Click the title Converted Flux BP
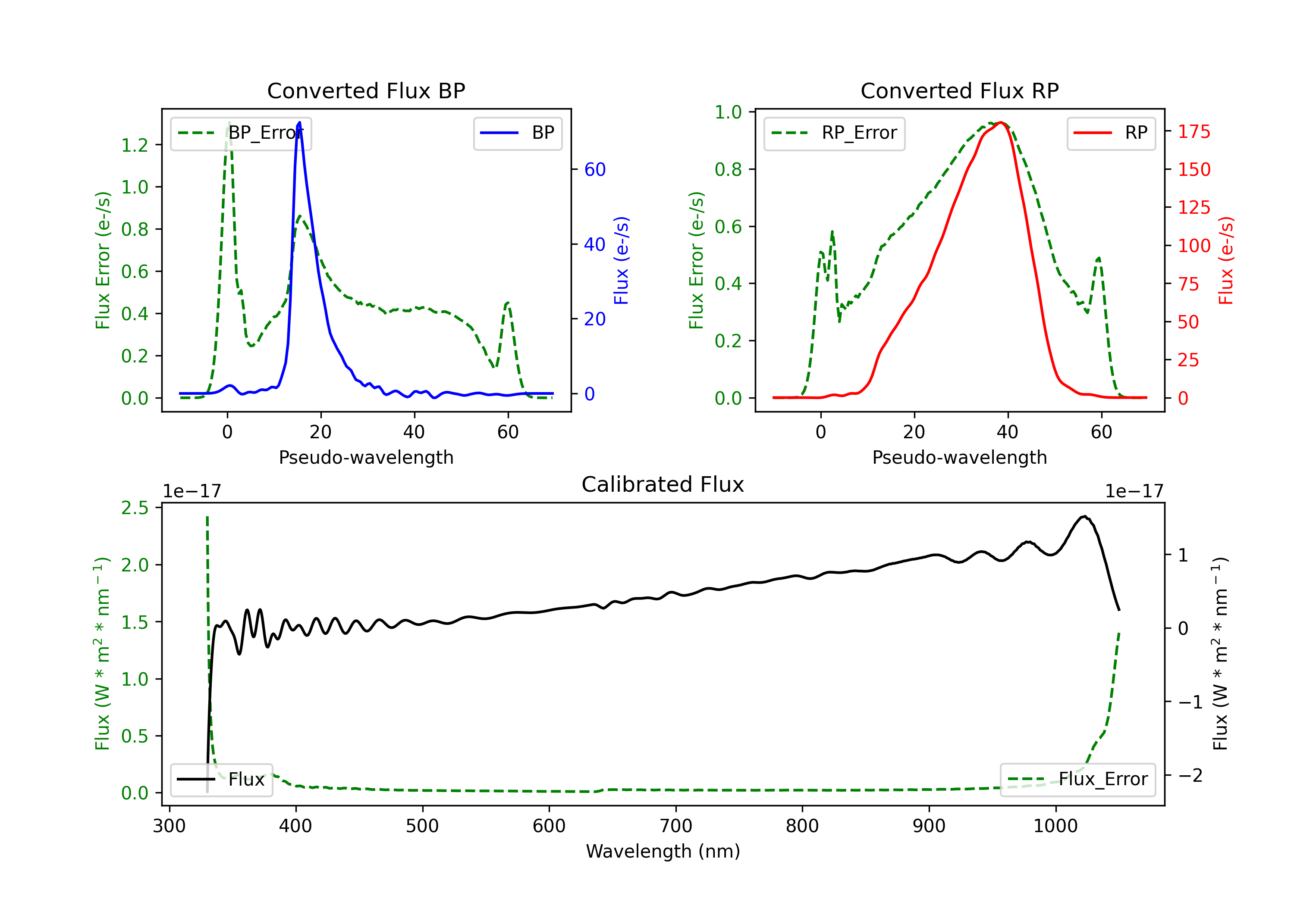coord(366,90)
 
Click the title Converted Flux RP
coord(959,90)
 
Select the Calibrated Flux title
coord(663,484)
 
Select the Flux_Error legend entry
coord(1077,780)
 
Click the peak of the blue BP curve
coord(299,122)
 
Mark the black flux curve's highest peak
coord(1084,516)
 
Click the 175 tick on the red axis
coord(1193,132)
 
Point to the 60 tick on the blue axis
coord(594,169)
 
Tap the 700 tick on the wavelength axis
coord(676,826)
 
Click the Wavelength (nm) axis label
coord(663,852)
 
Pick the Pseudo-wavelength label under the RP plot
coord(959,457)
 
